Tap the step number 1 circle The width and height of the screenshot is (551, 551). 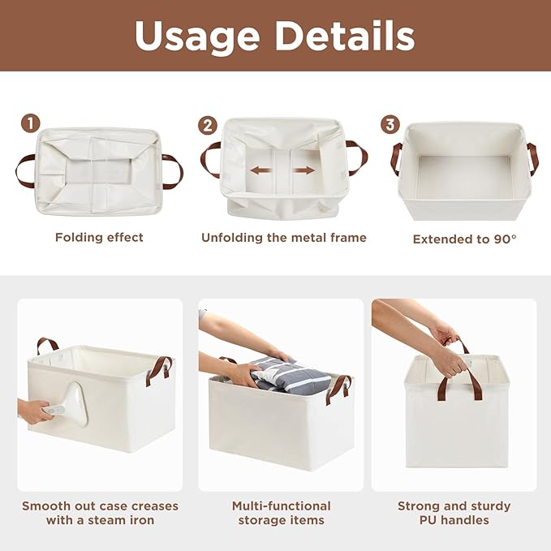(30, 123)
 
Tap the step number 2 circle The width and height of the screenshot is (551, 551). (208, 125)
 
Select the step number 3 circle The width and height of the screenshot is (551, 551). (391, 124)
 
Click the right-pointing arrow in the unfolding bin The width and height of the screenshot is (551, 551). (303, 171)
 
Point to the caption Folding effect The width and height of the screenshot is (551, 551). (99, 238)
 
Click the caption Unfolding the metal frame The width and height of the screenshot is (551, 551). (284, 238)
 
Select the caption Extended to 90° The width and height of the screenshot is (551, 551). (464, 239)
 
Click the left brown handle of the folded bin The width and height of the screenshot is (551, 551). (24, 170)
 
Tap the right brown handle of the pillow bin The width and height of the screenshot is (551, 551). (338, 388)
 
